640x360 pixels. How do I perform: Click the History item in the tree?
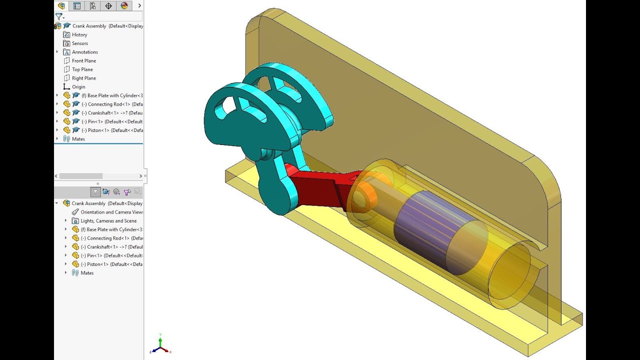coord(79,34)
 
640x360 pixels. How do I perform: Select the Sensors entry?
coord(79,43)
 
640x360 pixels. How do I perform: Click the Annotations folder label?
coord(84,52)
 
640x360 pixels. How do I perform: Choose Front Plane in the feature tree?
coord(83,60)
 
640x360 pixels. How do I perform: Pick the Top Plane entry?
coord(82,69)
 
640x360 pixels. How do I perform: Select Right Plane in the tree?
coord(83,78)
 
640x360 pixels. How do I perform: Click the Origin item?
coord(78,87)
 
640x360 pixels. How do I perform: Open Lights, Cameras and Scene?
coord(108,221)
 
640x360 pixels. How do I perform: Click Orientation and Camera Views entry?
coord(111,212)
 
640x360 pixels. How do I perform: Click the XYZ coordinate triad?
coord(160,345)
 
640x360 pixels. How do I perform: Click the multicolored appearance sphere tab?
coord(124,6)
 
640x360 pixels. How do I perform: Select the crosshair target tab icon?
coord(108,6)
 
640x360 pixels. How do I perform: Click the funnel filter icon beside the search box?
coord(59,16)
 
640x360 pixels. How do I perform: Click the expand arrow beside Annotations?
coord(57,52)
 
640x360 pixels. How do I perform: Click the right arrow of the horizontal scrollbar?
coord(140,176)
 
